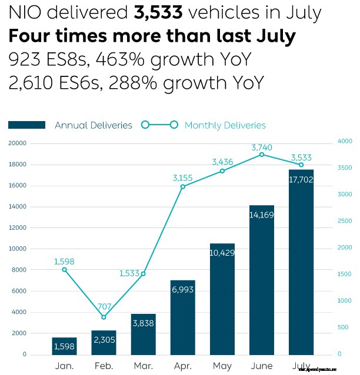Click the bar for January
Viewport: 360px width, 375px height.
coord(64,346)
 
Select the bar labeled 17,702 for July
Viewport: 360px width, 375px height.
coord(301,262)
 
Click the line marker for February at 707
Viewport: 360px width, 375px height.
coord(104,317)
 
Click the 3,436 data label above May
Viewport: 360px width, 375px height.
coord(222,161)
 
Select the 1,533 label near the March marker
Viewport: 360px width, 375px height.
coord(129,273)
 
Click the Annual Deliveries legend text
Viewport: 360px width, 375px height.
coord(94,125)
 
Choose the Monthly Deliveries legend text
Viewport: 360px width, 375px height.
coord(225,125)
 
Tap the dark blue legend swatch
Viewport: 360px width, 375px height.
coord(27,125)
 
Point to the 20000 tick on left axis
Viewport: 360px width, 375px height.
coord(18,143)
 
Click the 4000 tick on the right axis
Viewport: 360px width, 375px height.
coord(344,141)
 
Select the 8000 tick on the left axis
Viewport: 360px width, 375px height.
coord(19,270)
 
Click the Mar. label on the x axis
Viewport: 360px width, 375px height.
coord(143,366)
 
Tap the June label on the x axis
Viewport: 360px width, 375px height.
coord(262,366)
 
